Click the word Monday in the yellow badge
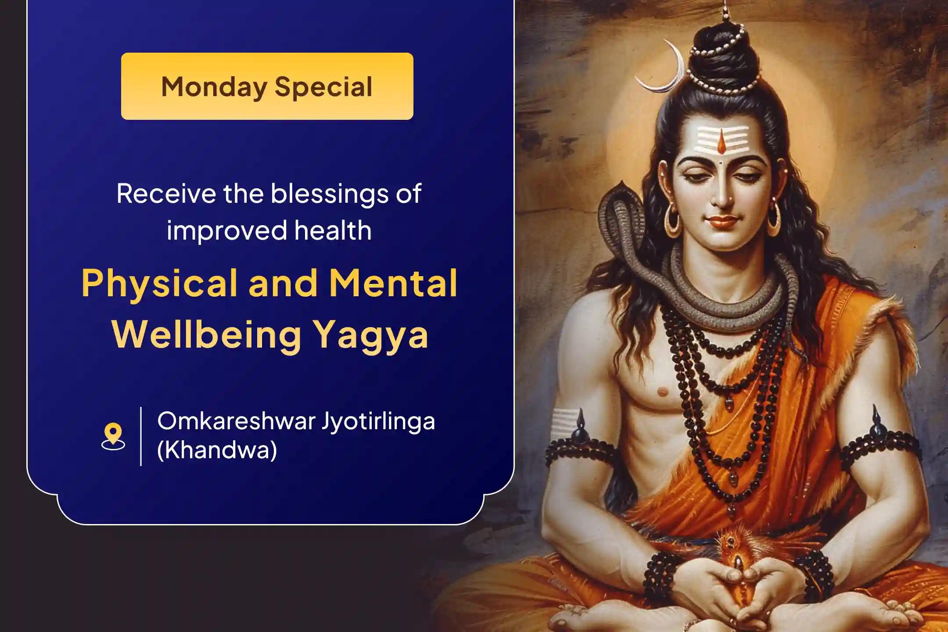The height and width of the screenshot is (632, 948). pyautogui.click(x=214, y=86)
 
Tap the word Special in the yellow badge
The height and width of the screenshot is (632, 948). pyautogui.click(x=323, y=86)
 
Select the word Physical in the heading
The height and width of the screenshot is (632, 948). pyautogui.click(x=159, y=284)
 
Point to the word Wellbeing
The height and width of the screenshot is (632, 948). pyautogui.click(x=207, y=334)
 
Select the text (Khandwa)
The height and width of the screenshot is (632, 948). pyautogui.click(x=217, y=450)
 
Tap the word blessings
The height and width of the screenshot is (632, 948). pyautogui.click(x=329, y=194)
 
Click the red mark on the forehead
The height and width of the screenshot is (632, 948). pyautogui.click(x=721, y=143)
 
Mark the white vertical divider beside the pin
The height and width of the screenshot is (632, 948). pyautogui.click(x=141, y=436)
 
